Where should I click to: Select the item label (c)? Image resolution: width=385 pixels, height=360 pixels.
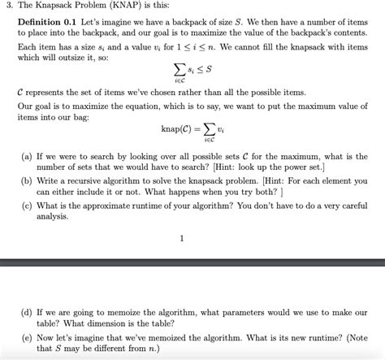click(x=29, y=206)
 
